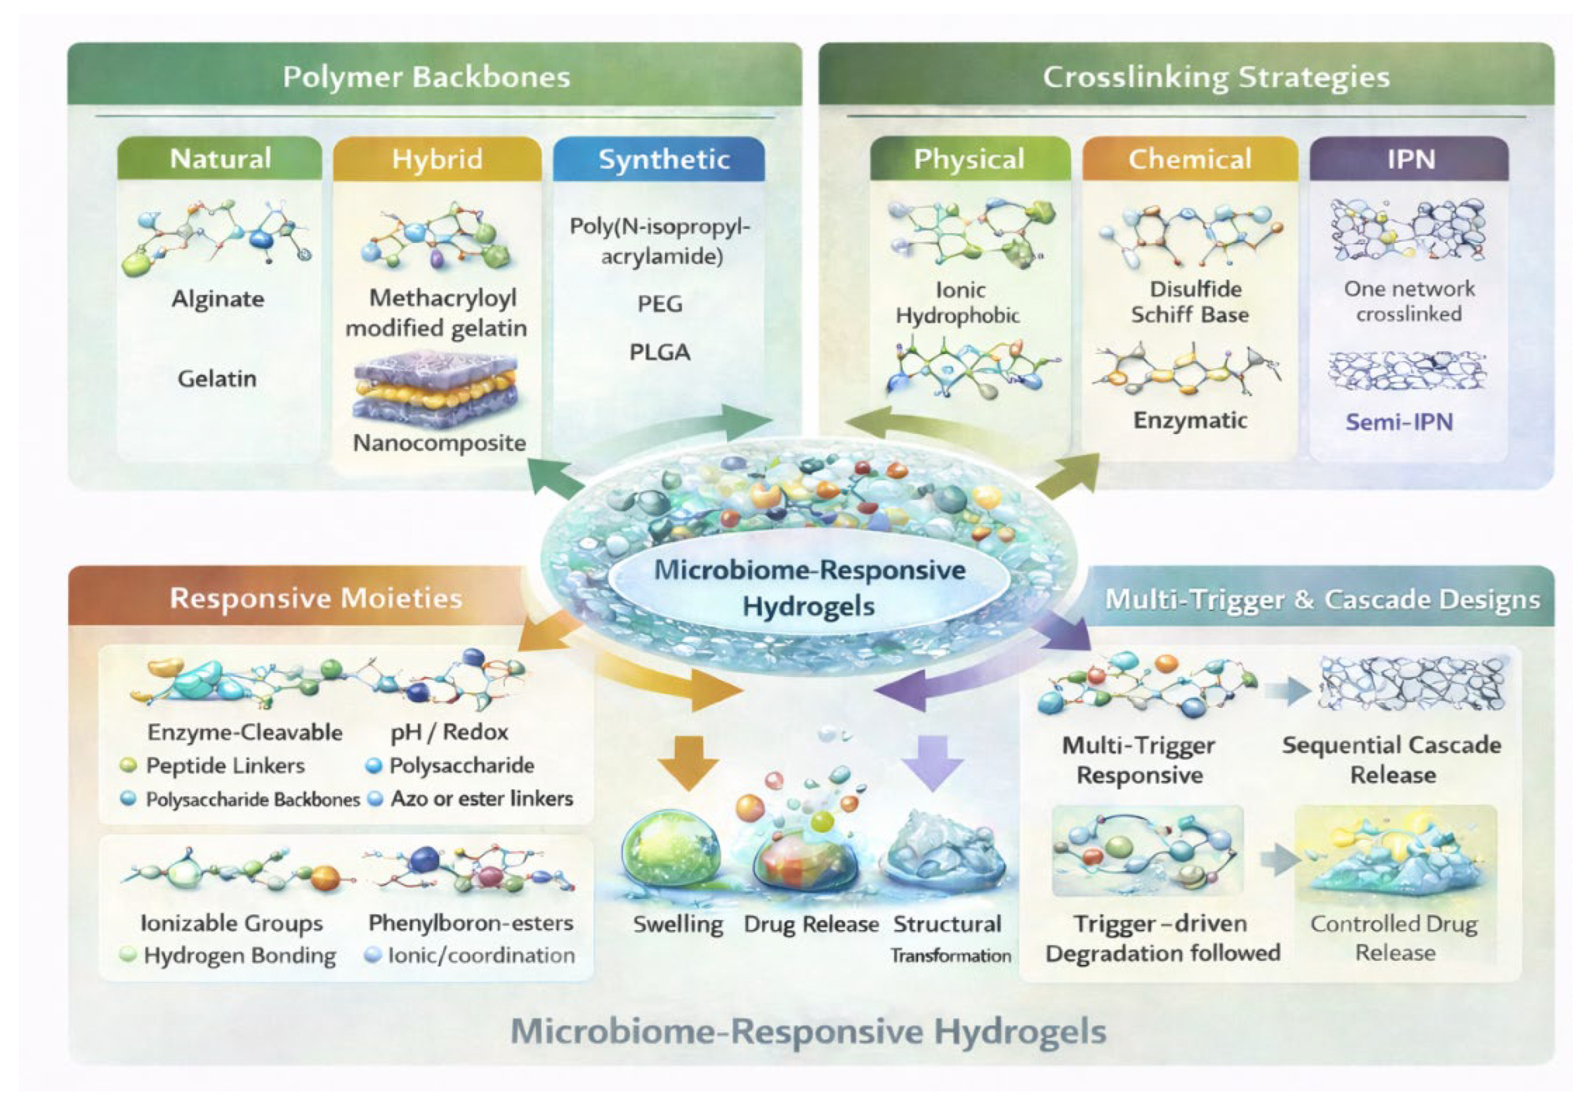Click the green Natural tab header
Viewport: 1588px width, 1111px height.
220,159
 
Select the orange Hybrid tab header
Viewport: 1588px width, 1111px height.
437,159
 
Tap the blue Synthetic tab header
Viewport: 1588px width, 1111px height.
663,159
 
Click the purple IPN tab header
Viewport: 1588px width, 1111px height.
1410,159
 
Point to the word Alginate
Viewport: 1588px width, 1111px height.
218,299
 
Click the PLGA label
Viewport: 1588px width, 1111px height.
659,352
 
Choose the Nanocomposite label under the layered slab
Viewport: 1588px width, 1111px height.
439,443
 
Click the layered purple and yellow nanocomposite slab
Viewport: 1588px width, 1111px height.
435,389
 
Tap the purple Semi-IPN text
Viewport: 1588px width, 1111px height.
1398,421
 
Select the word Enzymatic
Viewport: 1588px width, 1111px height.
1190,420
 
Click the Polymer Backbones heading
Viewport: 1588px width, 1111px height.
427,77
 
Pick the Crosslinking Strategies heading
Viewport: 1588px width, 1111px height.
1216,77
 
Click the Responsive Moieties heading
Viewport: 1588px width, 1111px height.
316,598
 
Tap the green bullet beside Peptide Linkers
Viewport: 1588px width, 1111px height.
128,765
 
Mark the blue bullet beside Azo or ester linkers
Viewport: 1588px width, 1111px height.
375,799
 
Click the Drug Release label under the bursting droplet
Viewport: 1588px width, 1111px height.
811,924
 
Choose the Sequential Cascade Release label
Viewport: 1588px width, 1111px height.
1391,760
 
